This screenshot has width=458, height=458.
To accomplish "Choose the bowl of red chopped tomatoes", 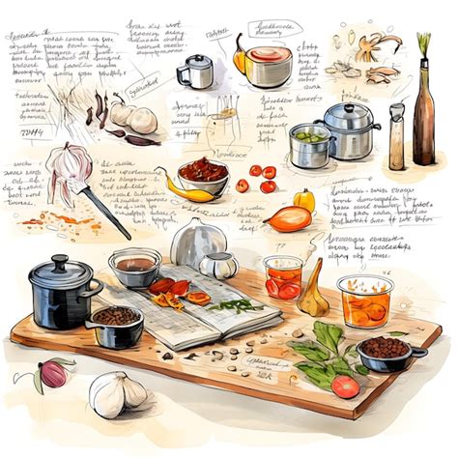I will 203,174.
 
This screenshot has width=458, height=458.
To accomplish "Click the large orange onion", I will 289,218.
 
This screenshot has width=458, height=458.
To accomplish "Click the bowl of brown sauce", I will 135,266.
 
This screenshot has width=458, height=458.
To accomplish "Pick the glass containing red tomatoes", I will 284,276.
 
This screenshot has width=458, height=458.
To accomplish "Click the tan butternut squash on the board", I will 314,295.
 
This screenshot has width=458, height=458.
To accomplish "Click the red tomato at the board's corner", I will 345,386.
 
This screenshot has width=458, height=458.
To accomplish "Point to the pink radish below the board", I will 53,373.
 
